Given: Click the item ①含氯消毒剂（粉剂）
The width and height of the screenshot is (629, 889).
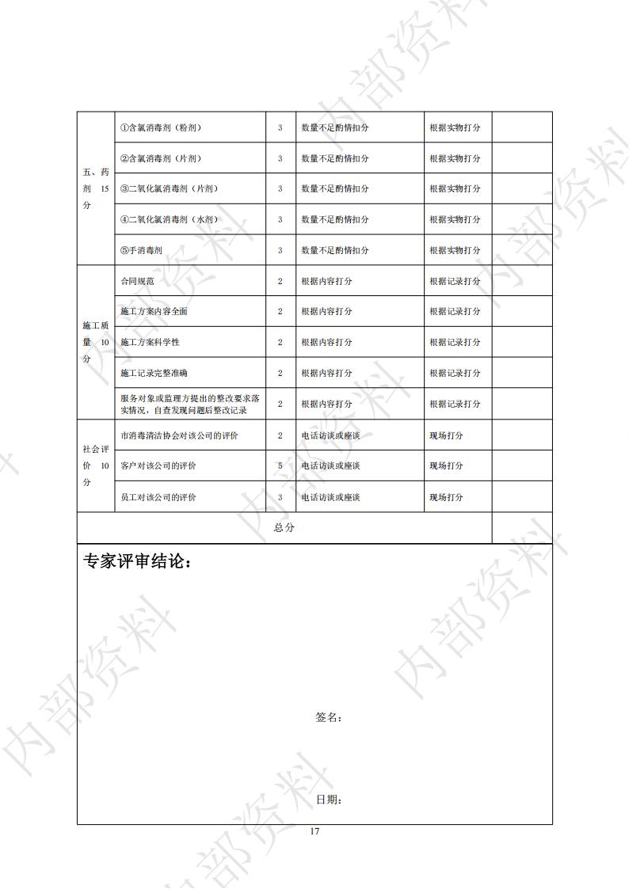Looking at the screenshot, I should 162,127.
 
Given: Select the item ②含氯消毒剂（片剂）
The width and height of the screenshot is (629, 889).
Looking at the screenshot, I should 162,158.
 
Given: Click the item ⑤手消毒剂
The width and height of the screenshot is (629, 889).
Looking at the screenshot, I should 141,250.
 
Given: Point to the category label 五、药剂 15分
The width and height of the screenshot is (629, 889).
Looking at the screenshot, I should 95,188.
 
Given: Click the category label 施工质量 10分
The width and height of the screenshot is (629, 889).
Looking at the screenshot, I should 95,342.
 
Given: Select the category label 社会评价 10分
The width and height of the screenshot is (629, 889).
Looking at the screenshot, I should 95,465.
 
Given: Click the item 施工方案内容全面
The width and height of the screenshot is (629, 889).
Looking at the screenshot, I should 154,312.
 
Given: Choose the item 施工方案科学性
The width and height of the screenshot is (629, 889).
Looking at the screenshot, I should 150,342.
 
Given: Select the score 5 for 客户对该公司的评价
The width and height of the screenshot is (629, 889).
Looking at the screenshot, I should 280,466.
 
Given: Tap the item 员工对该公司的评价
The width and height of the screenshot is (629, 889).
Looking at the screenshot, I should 158,497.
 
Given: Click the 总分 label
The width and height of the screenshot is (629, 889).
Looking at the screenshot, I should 284,528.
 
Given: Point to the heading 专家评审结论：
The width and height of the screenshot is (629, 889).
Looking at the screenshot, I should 136,562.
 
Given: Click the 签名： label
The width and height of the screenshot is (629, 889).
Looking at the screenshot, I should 328,718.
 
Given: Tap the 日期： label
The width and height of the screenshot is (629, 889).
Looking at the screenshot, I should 328,800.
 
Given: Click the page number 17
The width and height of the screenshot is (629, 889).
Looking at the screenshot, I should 314,831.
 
